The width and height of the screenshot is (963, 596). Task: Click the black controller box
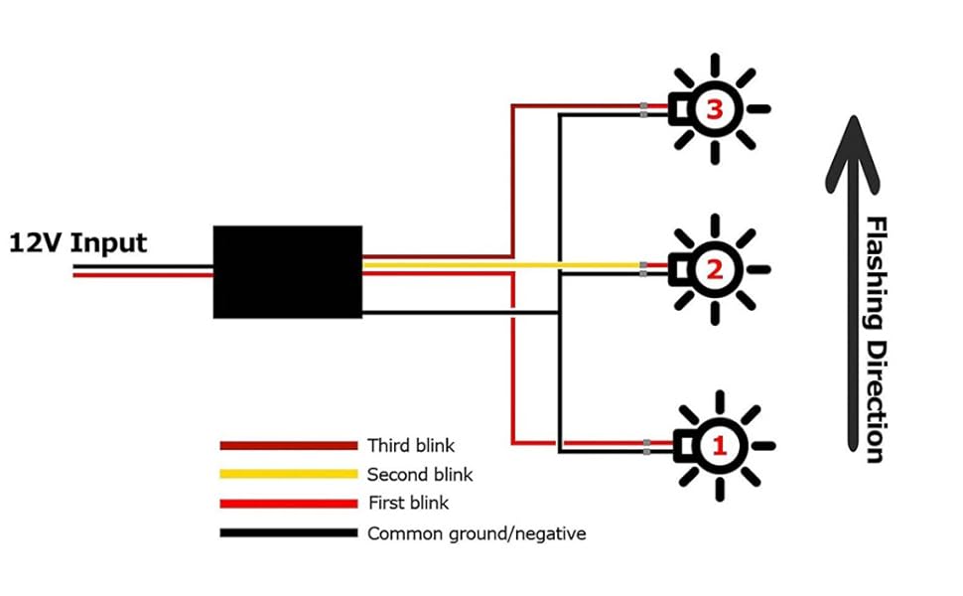(287, 271)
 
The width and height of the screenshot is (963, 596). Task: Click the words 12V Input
(78, 243)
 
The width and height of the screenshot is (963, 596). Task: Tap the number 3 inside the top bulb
(714, 109)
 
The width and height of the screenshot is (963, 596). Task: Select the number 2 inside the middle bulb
(714, 267)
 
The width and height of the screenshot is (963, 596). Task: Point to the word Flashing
(875, 272)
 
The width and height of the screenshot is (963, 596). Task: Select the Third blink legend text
(411, 445)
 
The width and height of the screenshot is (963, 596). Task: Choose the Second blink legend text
(420, 475)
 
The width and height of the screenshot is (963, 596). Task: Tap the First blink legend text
(408, 504)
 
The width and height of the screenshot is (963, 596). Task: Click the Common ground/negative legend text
(477, 533)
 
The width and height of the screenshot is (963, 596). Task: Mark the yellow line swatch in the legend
(288, 475)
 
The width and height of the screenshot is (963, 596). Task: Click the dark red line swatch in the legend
(288, 445)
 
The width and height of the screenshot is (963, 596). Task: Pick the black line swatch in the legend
(288, 533)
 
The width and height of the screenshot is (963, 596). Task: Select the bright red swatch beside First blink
(288, 504)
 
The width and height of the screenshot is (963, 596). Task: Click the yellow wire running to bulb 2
(496, 265)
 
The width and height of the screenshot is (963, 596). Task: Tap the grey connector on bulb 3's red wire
(644, 106)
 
